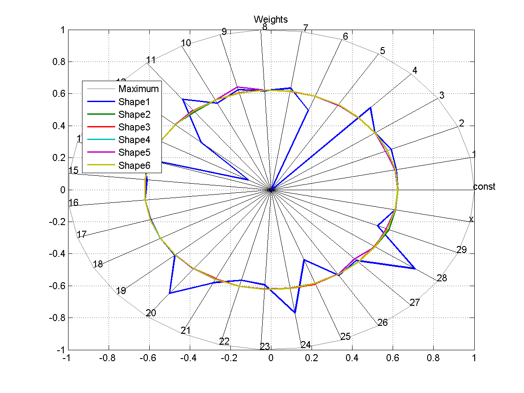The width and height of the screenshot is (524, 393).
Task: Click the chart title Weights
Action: coord(271,19)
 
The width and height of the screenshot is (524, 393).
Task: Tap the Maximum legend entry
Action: coord(138,89)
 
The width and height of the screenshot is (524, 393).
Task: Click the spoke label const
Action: coord(484,187)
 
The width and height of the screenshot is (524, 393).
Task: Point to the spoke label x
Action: coord(471,219)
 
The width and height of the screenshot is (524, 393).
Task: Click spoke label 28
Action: coord(442,278)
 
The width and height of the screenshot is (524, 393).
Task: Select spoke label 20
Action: coord(151,313)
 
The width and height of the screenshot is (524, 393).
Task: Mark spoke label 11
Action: coord(151,60)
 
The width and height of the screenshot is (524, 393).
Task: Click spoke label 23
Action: coord(265,347)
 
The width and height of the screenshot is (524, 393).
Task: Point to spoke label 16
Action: coord(74,203)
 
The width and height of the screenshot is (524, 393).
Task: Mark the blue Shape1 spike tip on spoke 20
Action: coord(169,293)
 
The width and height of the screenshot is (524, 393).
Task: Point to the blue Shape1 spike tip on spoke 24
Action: coord(295,313)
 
